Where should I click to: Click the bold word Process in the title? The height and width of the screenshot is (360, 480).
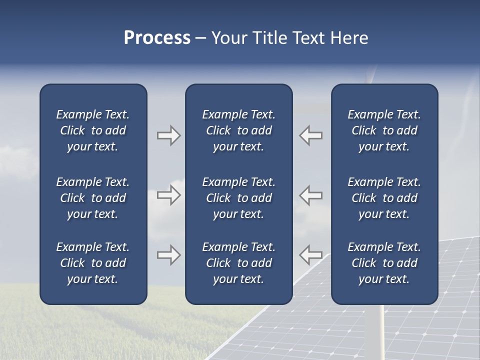(157, 38)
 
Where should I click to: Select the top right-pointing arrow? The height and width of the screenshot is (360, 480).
(168, 135)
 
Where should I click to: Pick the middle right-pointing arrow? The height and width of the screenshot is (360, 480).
(168, 195)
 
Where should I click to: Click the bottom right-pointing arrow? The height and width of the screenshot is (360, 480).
(168, 254)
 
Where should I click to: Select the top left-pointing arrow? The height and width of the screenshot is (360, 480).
(311, 135)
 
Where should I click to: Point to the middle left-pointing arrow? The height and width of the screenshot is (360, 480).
(311, 195)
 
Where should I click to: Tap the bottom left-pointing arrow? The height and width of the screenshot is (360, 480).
(311, 254)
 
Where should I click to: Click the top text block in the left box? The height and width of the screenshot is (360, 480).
(93, 130)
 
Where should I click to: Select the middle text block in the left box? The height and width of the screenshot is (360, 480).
(93, 198)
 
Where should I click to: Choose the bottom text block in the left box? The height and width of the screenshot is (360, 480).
(93, 263)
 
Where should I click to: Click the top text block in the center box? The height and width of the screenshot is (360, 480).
(239, 130)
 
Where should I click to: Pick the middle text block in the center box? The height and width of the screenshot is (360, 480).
(239, 198)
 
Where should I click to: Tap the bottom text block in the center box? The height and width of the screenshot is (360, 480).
(239, 263)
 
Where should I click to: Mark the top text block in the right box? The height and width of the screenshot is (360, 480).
(384, 130)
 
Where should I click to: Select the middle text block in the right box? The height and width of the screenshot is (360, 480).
(384, 198)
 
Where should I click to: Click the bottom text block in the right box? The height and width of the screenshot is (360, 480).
(384, 263)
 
